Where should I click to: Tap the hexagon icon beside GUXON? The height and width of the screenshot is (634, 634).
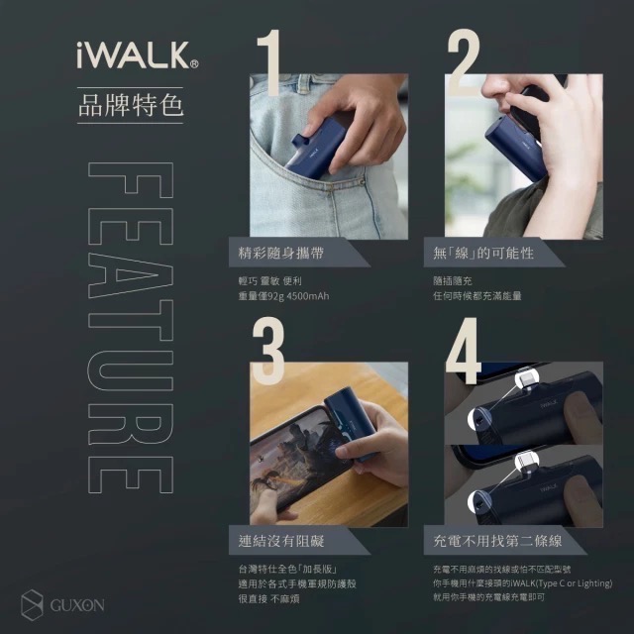pos(33,602)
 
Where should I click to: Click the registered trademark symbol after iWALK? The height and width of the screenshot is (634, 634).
pos(194,62)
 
